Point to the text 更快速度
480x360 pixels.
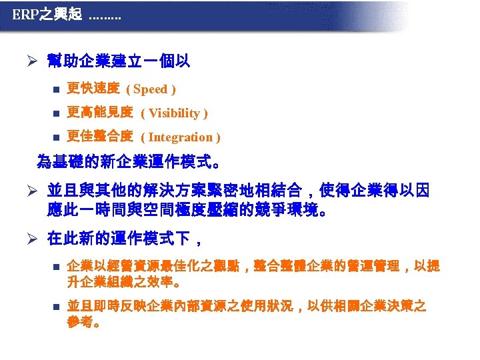tap(93, 89)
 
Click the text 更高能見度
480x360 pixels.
tap(100, 113)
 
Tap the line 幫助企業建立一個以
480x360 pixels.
tap(119, 61)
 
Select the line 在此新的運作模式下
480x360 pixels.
tap(124, 237)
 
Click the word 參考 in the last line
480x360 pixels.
tap(81, 323)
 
